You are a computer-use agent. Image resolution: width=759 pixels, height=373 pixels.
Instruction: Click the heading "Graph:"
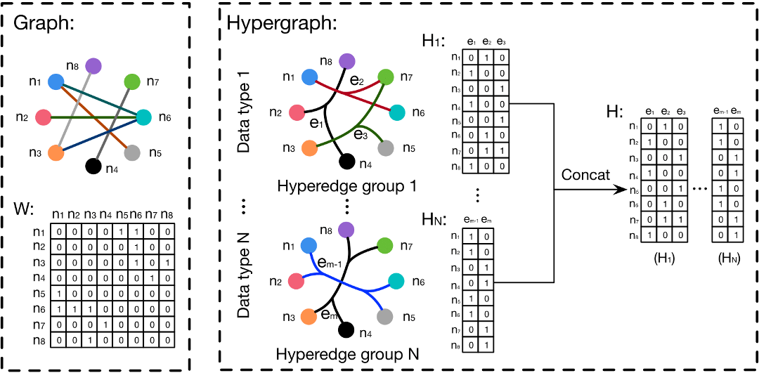pos(45,24)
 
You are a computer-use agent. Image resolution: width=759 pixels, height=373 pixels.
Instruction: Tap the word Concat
pos(587,174)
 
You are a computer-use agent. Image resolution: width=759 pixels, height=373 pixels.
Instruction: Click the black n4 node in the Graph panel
pos(92,166)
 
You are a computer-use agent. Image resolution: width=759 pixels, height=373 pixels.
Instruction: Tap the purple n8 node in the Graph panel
pos(93,66)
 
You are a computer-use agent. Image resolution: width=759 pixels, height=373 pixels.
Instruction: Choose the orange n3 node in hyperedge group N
pos(308,317)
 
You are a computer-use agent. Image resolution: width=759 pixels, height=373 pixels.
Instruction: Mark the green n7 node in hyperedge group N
pos(384,246)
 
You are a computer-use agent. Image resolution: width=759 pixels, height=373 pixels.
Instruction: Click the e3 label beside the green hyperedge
pos(361,133)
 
